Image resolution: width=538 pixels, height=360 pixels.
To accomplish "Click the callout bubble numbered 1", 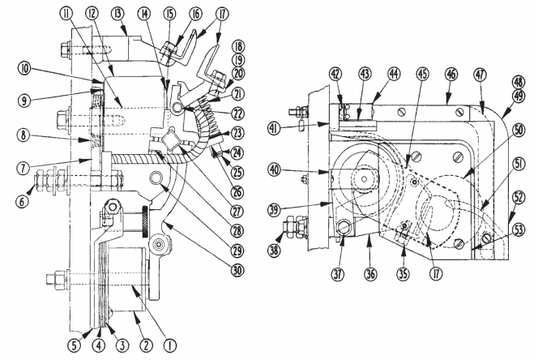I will coord(169,344).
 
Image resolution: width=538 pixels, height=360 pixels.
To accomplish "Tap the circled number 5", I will coord(77,344).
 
